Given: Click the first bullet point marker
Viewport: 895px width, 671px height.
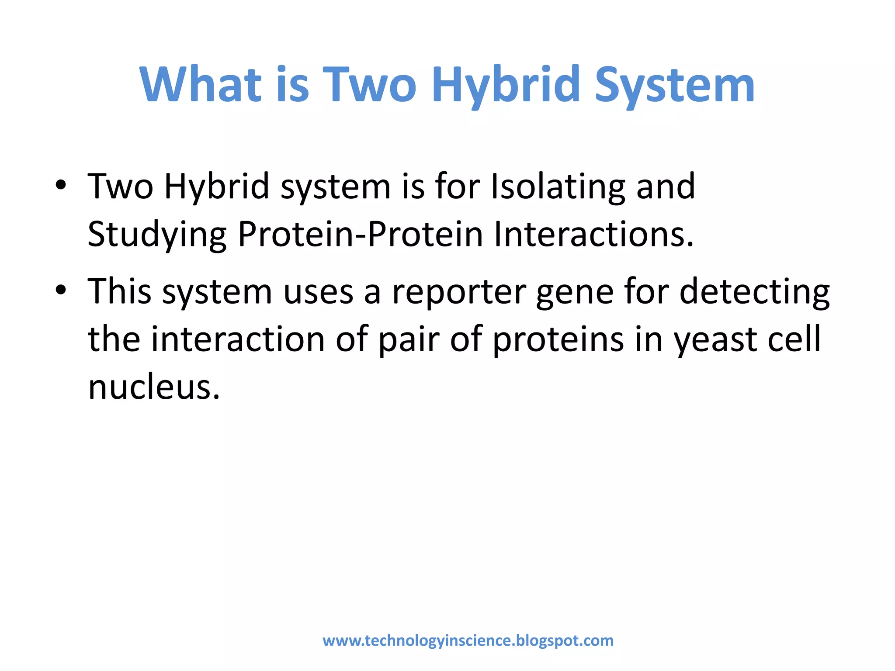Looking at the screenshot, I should tap(61, 186).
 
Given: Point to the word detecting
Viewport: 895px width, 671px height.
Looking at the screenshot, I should tap(754, 292).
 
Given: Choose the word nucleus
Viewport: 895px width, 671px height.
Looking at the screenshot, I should tap(153, 387).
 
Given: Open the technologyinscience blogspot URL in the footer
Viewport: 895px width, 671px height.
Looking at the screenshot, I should tap(468, 641).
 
